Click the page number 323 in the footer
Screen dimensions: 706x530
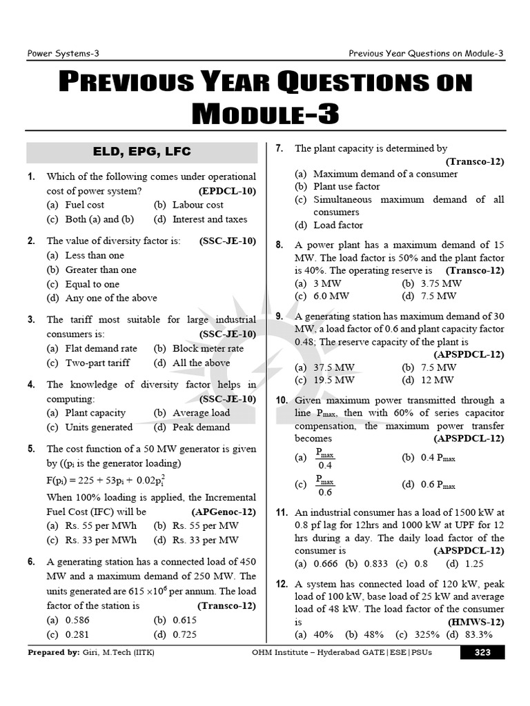[482, 652]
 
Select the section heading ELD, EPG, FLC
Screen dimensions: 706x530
[141, 152]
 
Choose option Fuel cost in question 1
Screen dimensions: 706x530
[84, 205]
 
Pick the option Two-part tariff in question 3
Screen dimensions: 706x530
[97, 363]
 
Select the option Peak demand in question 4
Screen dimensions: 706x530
[201, 427]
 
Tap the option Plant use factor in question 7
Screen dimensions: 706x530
[346, 186]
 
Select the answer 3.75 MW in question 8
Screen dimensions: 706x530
[442, 283]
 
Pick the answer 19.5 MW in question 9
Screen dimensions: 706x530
[334, 380]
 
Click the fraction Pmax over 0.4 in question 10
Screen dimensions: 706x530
[324, 458]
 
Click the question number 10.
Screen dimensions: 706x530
[282, 401]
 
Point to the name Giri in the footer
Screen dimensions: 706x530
[92, 652]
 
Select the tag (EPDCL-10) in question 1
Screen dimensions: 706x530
[227, 191]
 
